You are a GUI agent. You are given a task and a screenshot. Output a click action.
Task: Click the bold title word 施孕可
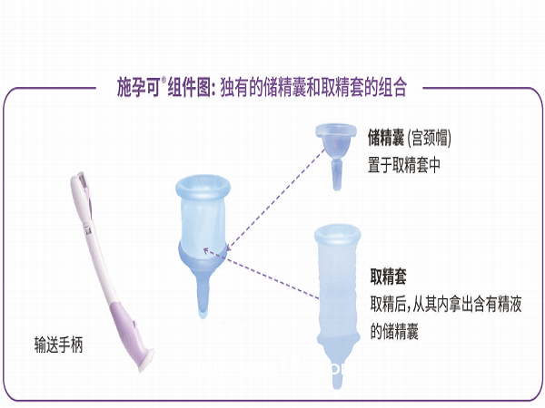coord(139,89)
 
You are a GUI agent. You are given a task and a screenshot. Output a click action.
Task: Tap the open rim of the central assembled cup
coord(204,187)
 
